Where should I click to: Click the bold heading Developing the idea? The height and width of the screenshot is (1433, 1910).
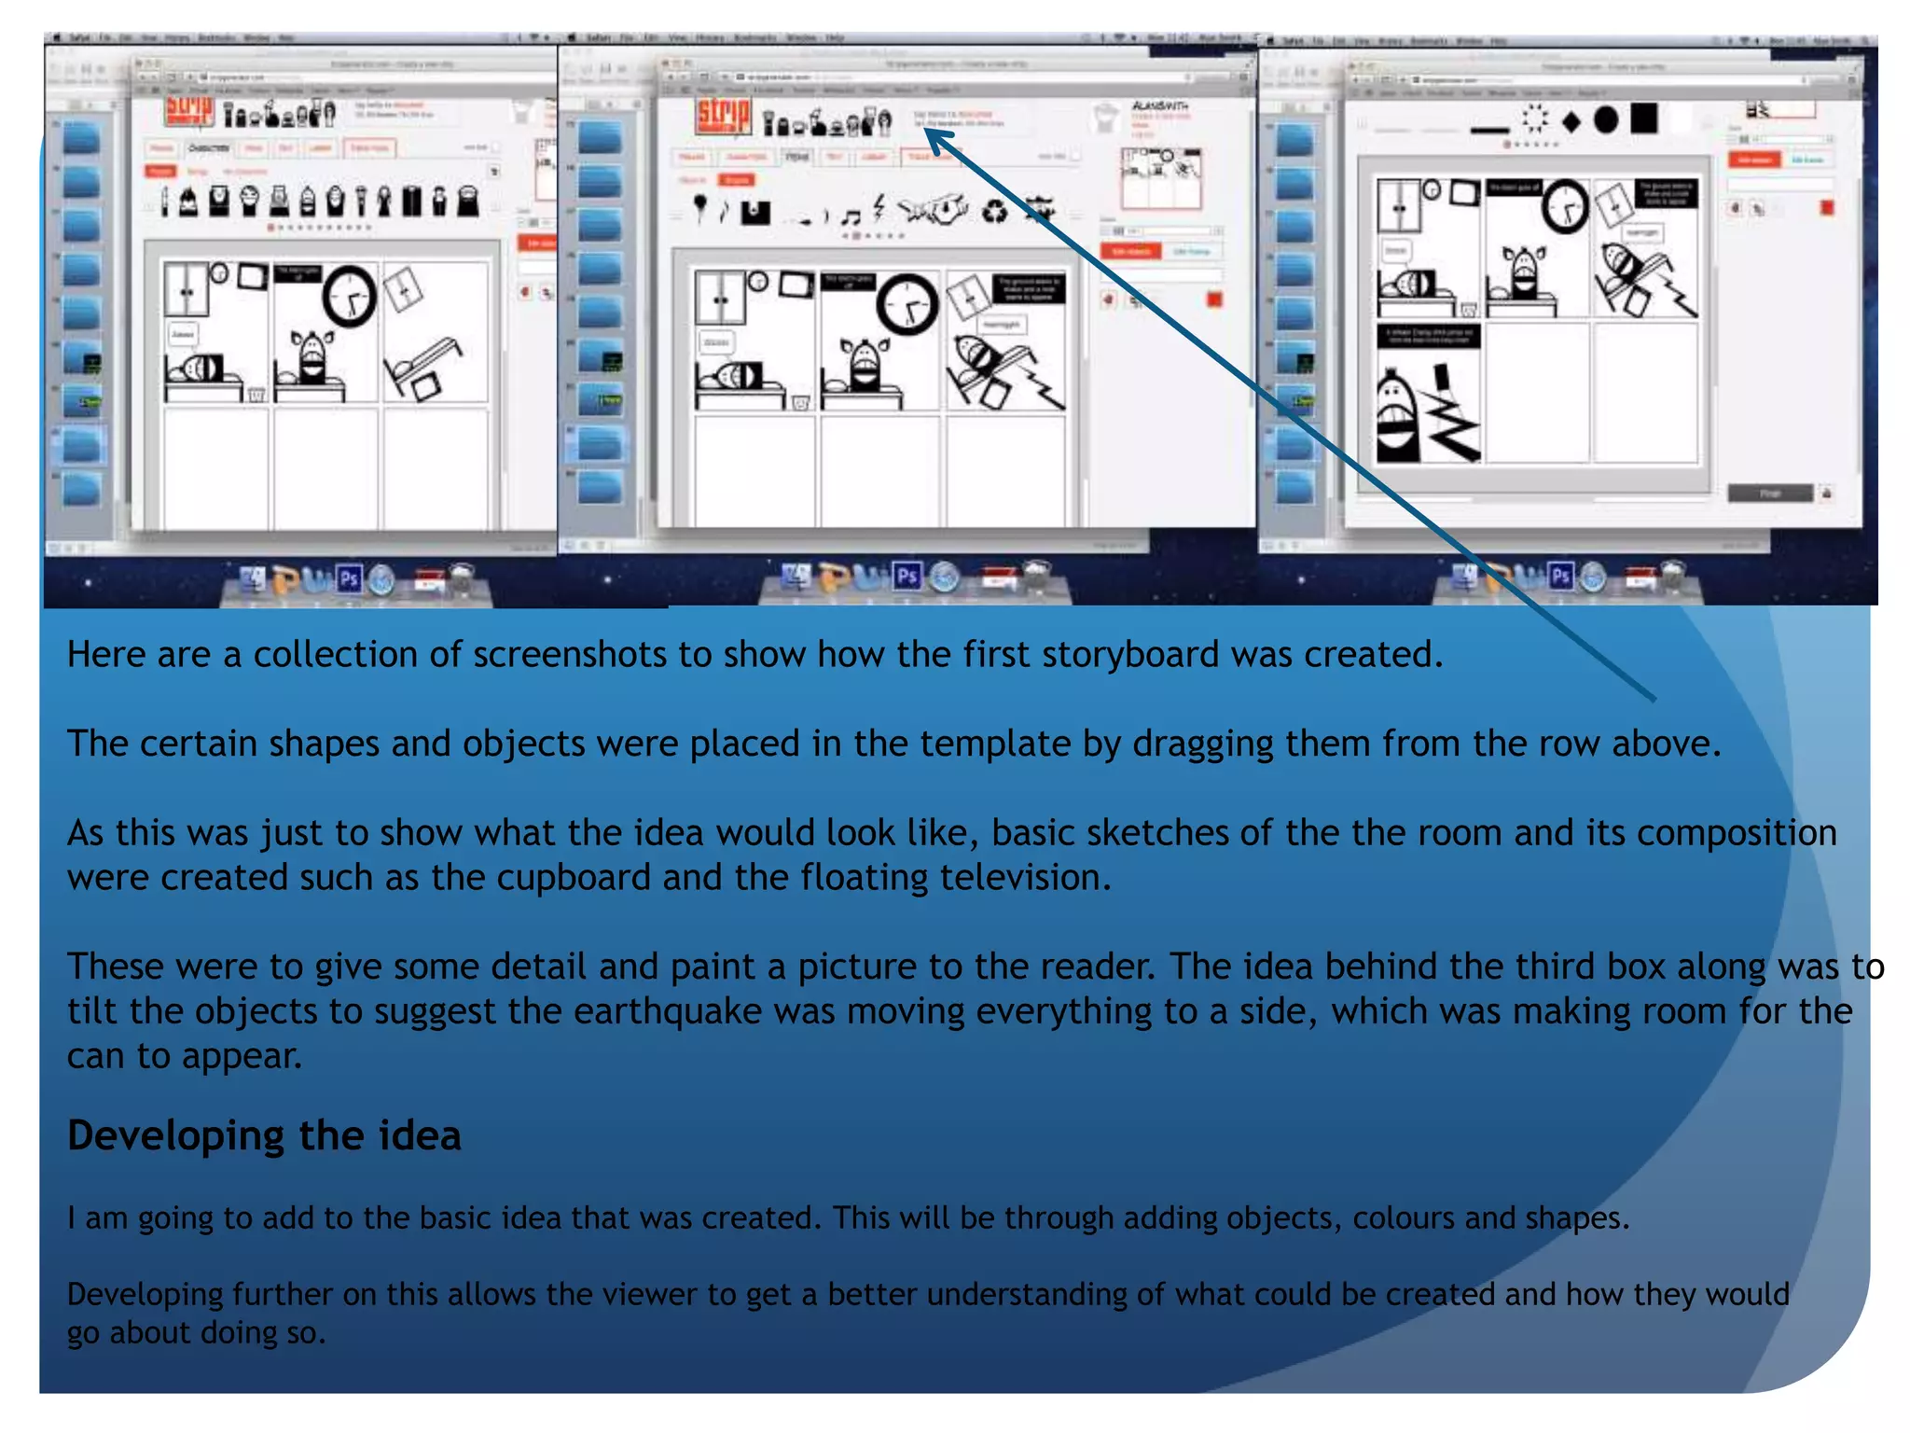pos(264,1135)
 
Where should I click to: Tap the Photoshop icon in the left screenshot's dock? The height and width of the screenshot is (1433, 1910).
pos(349,579)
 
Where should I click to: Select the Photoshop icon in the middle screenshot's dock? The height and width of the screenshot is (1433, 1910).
pos(907,577)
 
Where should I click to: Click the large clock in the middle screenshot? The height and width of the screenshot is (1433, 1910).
pos(907,303)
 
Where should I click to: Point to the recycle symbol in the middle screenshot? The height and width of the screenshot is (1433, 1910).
pos(995,212)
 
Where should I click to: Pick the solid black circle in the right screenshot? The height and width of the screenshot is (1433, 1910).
pos(1606,119)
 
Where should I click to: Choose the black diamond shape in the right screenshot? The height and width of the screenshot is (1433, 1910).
pos(1571,121)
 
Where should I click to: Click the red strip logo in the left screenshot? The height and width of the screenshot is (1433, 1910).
pos(189,111)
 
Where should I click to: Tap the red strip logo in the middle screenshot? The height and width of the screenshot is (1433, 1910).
pos(723,116)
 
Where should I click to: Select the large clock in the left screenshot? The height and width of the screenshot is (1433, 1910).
pos(350,296)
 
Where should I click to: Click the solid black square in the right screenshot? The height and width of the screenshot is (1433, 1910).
pos(1644,118)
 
